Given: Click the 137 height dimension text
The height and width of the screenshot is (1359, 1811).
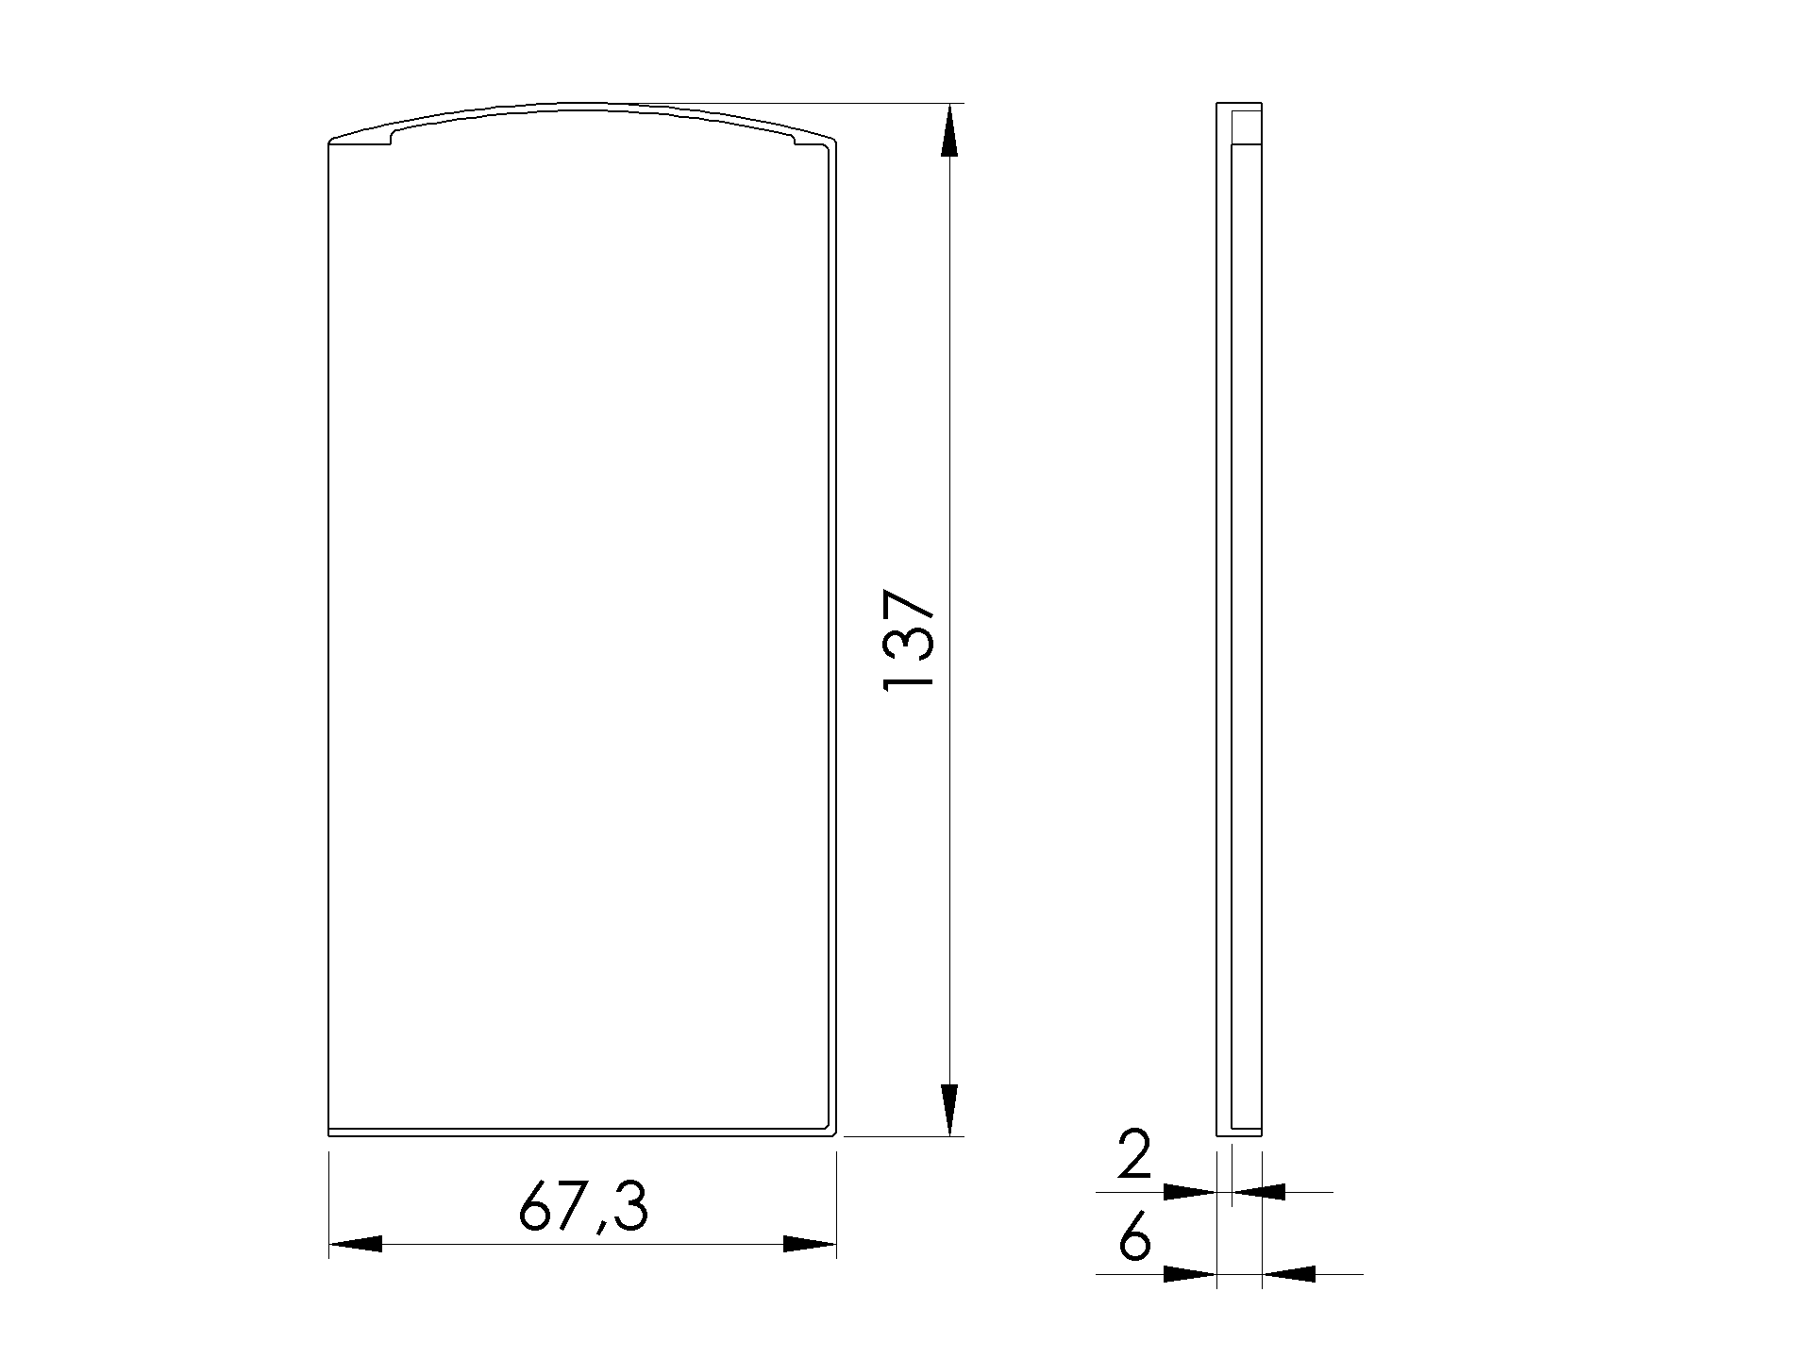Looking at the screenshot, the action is point(908,641).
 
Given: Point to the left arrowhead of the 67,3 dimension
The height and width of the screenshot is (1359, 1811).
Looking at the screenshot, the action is point(356,1244).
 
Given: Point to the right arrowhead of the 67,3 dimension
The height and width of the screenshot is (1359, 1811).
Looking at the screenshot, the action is point(810,1244).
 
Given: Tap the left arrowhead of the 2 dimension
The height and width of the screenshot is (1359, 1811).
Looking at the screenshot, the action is point(1190,1192).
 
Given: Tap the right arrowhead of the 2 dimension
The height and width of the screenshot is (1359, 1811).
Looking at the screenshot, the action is point(1259,1192).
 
